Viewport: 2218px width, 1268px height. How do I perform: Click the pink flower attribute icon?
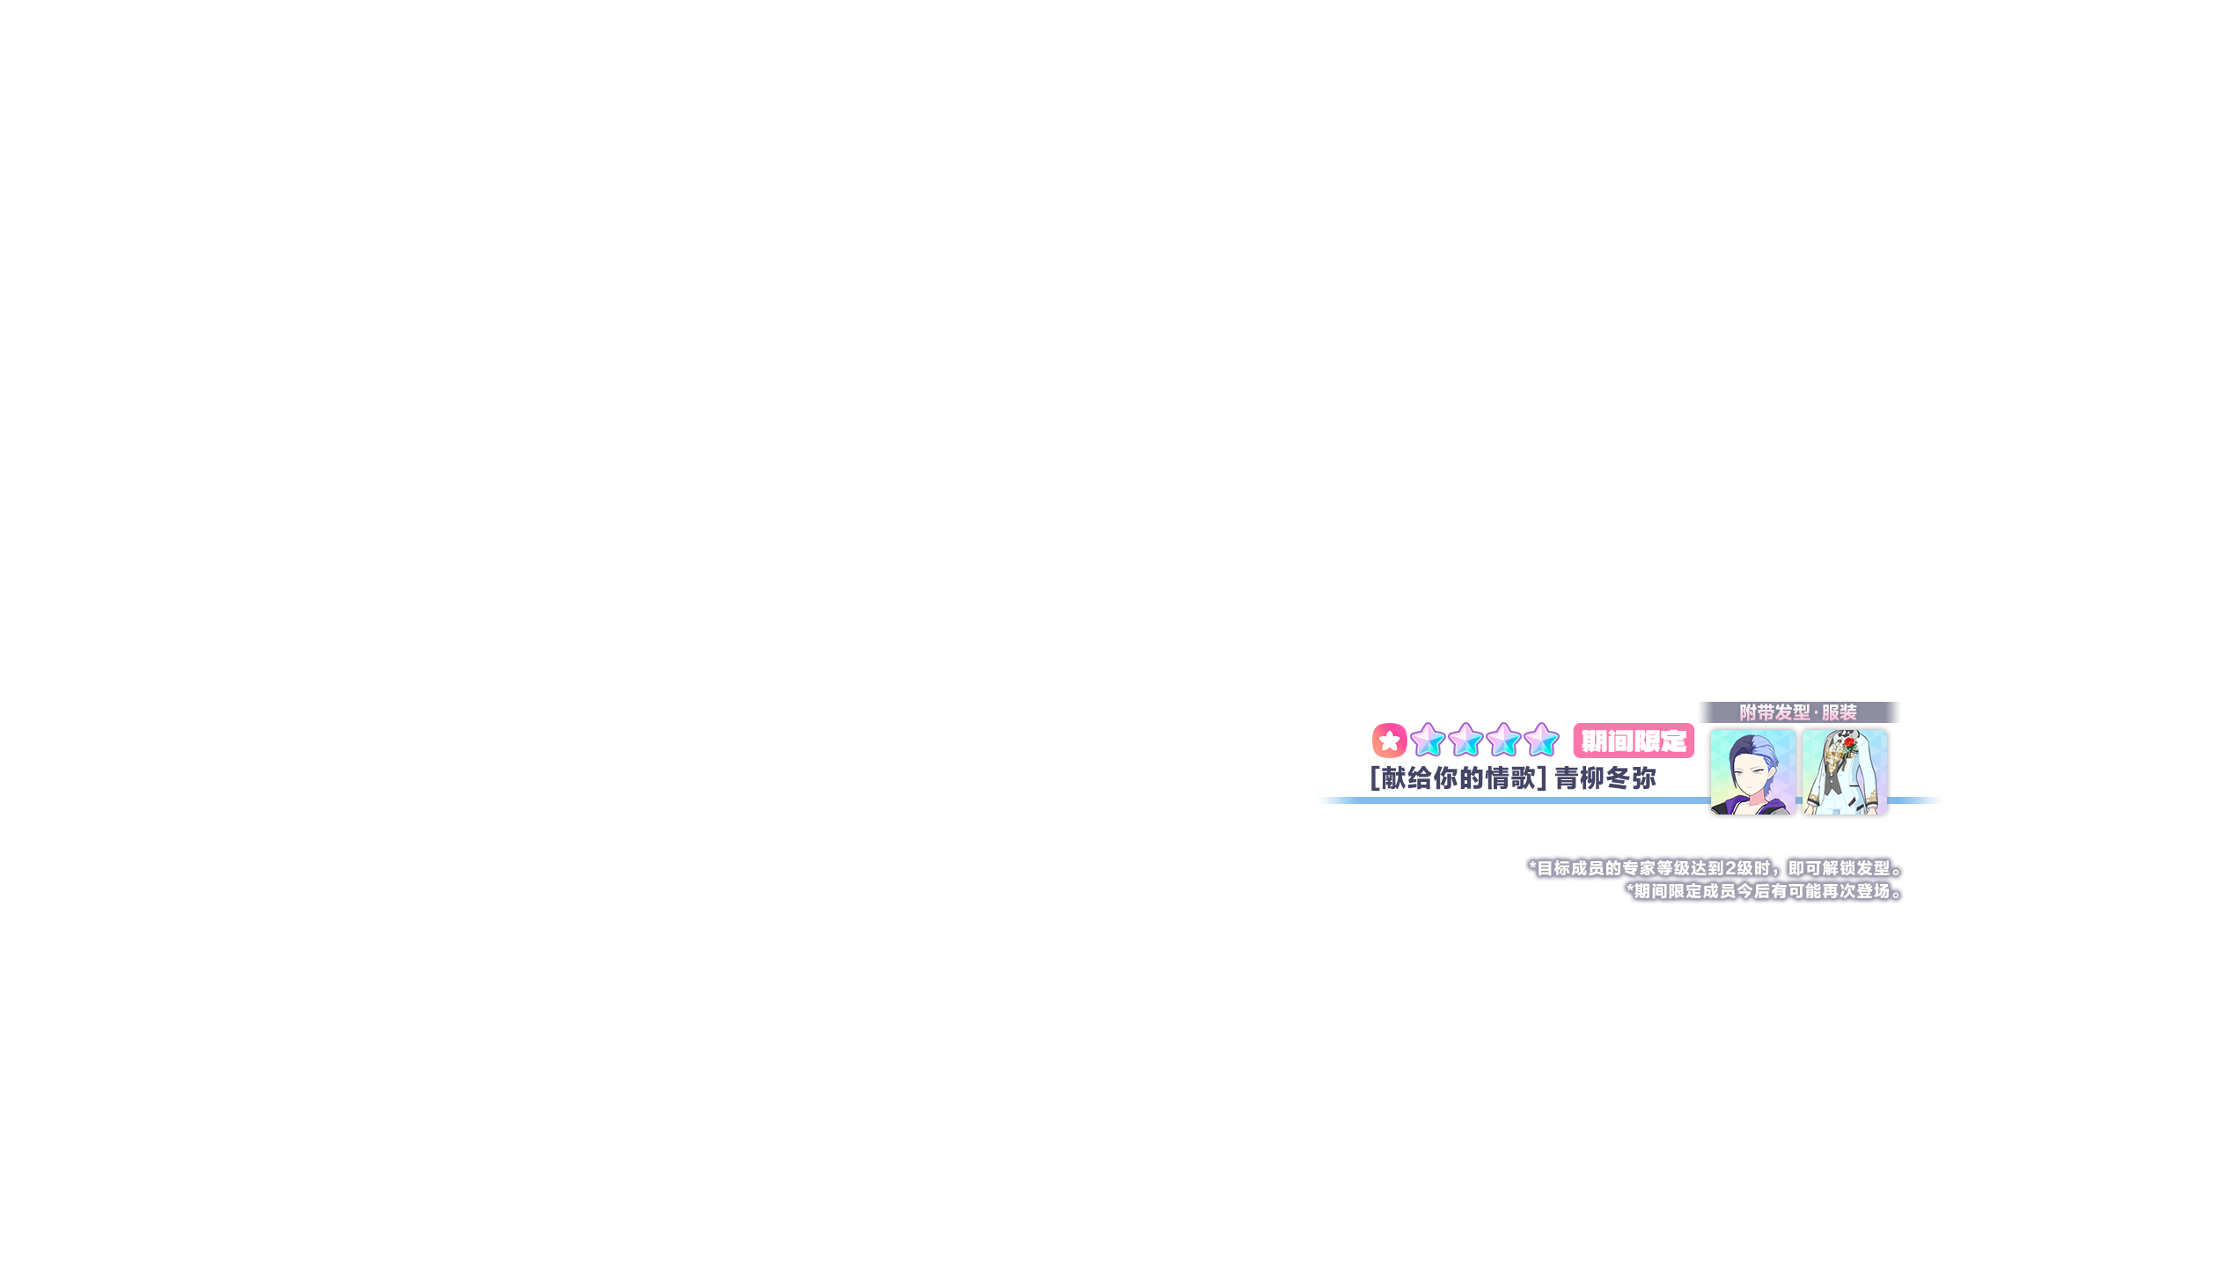1389,741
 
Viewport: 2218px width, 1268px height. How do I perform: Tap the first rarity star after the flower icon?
1428,740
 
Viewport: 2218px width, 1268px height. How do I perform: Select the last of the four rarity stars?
1542,740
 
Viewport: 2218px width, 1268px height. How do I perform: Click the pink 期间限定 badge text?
1634,741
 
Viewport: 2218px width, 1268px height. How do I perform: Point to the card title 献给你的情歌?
1458,778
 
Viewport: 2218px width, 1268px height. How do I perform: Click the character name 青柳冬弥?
1605,778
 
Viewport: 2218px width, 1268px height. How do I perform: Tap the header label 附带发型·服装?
1798,712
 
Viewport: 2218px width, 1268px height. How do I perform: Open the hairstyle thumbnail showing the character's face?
1752,772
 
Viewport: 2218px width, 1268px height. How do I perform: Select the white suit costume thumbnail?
1844,772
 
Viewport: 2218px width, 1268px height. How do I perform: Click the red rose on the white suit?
1849,745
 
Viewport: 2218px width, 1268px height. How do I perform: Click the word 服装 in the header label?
1839,712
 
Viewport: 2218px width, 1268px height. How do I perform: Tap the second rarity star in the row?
1465,740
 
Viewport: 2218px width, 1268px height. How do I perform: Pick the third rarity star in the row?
1504,740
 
